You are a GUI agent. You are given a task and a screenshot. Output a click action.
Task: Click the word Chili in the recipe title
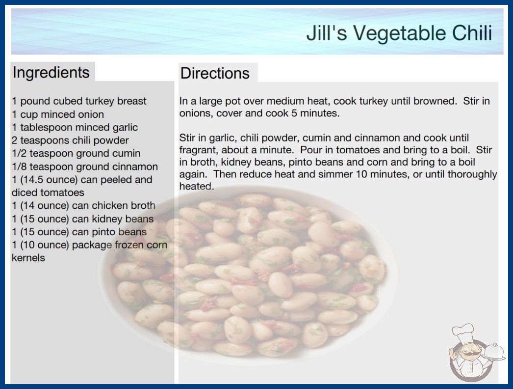(x=472, y=33)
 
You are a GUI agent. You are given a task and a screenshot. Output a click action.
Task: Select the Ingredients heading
(x=51, y=72)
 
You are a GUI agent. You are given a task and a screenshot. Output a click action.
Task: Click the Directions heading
(x=215, y=73)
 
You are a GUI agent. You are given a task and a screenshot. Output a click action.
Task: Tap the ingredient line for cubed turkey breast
(x=79, y=101)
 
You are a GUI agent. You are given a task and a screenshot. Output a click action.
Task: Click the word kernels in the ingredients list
(x=28, y=258)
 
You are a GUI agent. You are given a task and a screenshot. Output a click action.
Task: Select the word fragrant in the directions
(x=199, y=150)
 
